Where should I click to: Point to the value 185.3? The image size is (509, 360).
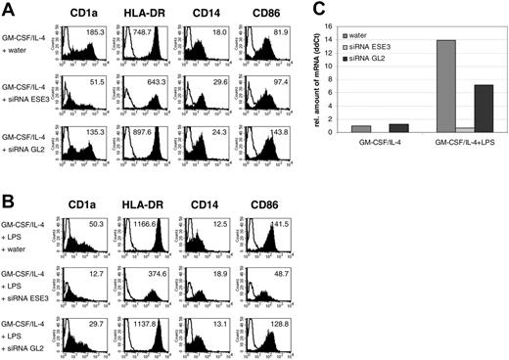pyautogui.click(x=96, y=32)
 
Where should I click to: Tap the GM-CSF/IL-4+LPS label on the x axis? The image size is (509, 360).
pyautogui.click(x=455, y=142)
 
